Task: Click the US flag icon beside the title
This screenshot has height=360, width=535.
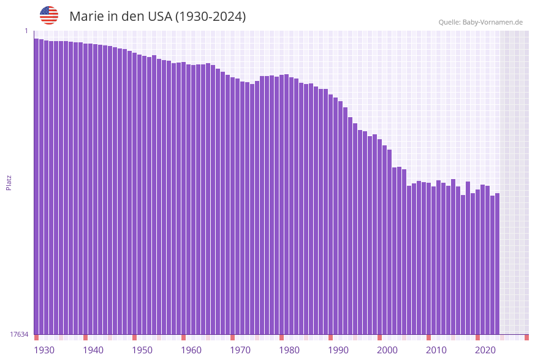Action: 49,15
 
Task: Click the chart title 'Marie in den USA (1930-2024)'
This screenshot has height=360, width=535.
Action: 157,17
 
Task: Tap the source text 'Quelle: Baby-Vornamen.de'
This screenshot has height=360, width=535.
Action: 480,22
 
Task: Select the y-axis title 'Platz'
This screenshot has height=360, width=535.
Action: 9,182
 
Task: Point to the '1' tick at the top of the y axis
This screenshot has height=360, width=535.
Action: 26,31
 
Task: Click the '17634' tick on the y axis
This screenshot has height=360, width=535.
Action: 19,334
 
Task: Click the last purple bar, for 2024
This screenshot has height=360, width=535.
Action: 497,264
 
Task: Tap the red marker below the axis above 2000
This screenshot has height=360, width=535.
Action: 379,337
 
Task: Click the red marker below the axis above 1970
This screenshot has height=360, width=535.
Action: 232,337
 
